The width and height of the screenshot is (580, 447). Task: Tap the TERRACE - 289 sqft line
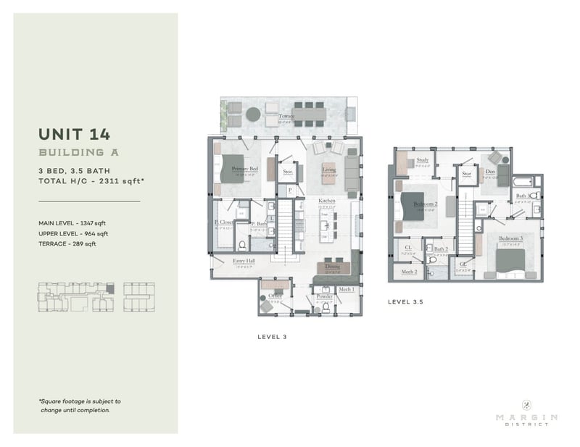[x=67, y=244]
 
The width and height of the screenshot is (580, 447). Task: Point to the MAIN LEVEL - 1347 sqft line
[x=74, y=223]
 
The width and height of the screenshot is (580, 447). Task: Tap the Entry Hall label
[x=244, y=261]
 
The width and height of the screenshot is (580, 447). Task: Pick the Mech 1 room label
[x=346, y=289]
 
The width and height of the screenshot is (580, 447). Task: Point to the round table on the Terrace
[x=252, y=114]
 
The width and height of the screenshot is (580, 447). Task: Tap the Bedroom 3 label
[x=510, y=238]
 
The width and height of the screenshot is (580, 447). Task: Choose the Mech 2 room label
[x=409, y=272]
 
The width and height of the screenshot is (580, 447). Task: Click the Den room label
[x=490, y=172]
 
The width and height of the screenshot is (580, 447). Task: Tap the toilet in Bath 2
[x=433, y=258]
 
